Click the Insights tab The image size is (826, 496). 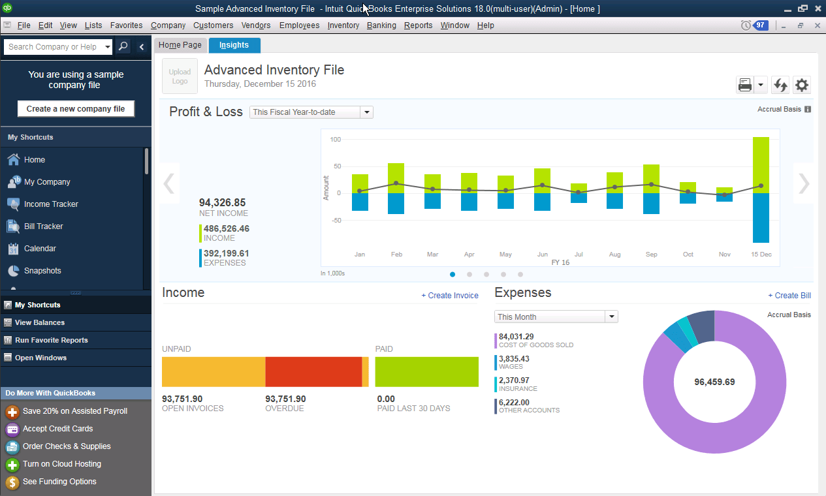(x=234, y=45)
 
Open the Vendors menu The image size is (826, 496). (x=256, y=25)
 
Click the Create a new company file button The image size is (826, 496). (x=76, y=109)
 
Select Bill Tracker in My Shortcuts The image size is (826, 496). (x=43, y=226)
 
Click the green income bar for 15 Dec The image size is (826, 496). (x=761, y=164)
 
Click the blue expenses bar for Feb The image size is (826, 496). (x=396, y=203)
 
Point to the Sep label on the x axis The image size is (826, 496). (x=651, y=255)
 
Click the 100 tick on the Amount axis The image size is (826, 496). (x=336, y=140)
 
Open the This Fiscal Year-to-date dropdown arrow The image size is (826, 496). (x=367, y=112)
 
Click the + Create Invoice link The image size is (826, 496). (x=450, y=296)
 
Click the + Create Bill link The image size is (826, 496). (x=789, y=296)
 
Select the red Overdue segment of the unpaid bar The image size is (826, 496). (x=313, y=372)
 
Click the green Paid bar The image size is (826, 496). (x=426, y=372)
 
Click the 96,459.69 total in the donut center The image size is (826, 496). (x=714, y=382)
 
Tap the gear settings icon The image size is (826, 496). (x=802, y=85)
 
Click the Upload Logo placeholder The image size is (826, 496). (x=180, y=76)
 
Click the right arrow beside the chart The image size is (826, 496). (x=804, y=184)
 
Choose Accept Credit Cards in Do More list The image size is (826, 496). (x=57, y=429)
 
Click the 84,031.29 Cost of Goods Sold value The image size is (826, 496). (x=516, y=337)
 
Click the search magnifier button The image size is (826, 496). (x=123, y=47)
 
